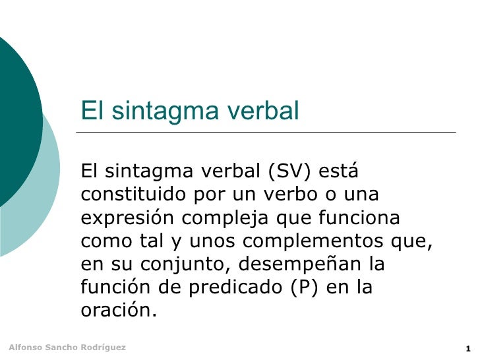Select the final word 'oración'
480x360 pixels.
tap(119, 311)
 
